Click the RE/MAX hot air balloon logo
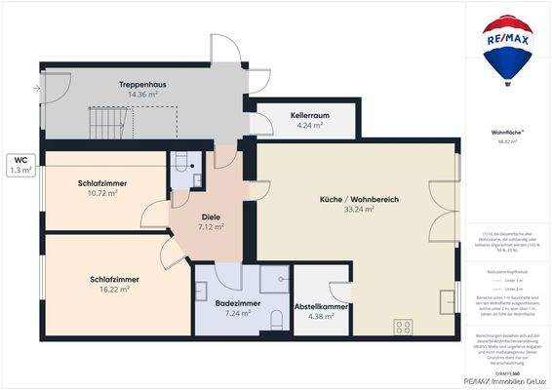tap(507, 49)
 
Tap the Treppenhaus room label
tap(142, 85)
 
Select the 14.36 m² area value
tap(142, 96)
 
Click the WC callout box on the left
tap(20, 165)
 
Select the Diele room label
tap(211, 216)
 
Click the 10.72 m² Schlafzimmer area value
tap(98, 193)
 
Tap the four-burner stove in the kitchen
tap(403, 326)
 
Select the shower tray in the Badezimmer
tap(275, 279)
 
